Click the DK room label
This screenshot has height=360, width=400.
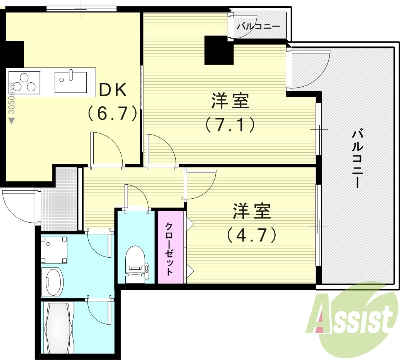[x=115, y=90]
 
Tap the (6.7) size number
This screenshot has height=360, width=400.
[x=113, y=114]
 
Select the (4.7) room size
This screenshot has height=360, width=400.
[x=251, y=234]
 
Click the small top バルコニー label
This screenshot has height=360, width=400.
[x=258, y=26]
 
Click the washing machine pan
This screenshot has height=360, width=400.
[x=54, y=248]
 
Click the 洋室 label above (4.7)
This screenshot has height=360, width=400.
[x=251, y=212]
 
